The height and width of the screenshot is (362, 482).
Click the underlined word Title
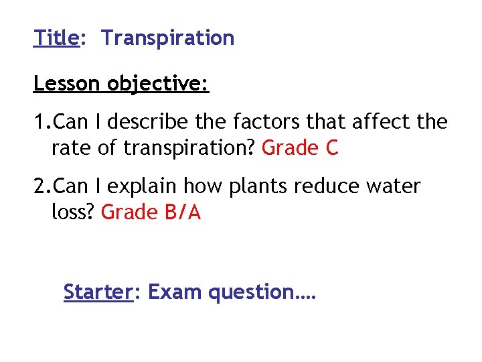(56, 38)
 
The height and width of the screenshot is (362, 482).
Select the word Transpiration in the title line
(168, 38)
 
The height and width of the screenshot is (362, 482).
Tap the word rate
(71, 148)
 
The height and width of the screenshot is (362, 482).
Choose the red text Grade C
(301, 148)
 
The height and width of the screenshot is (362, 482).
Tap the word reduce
(327, 186)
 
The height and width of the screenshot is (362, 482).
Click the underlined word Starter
(96, 292)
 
